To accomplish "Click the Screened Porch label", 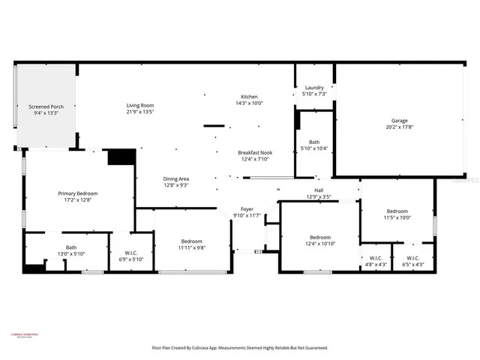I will [46, 106].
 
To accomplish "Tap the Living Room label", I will [140, 105].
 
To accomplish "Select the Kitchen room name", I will [249, 97].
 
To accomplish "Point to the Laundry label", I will [313, 87].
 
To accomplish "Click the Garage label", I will [399, 120].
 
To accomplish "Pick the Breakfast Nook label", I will [255, 152].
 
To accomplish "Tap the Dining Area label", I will [176, 178].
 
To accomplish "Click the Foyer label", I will [247, 208].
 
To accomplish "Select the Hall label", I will [319, 190].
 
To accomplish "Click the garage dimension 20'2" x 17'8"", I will [399, 127].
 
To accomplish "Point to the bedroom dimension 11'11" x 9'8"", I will [192, 247].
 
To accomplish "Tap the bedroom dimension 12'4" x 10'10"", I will [320, 244].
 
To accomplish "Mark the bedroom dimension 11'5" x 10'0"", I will [397, 218].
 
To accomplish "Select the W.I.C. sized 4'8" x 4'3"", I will [375, 264].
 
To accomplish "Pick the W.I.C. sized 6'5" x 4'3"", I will [413, 264].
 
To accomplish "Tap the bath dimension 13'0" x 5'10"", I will [70, 254].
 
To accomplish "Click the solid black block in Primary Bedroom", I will [120, 157].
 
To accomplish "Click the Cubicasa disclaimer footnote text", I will [240, 348].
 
